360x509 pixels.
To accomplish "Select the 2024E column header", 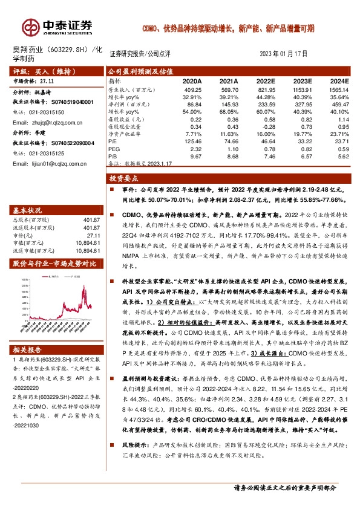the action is pyautogui.click(x=339, y=80).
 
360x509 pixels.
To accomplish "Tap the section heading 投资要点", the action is pyautogui.click(x=124, y=180).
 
